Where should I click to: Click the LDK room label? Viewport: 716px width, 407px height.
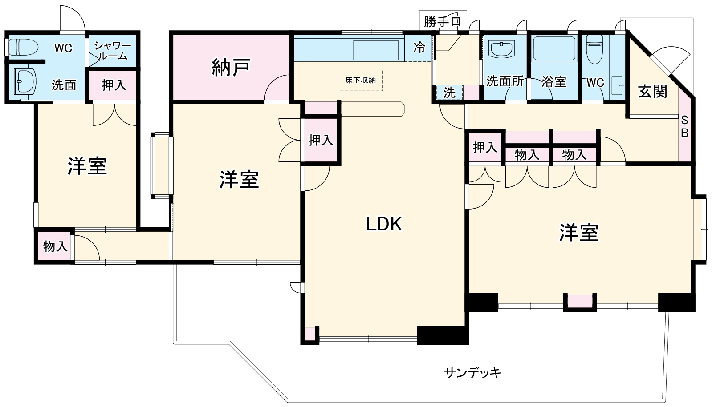point(384,224)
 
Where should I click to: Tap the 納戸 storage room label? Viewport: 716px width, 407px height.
point(231,67)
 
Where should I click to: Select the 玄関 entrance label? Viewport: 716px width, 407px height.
point(653,92)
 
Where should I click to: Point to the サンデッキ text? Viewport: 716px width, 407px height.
point(472,372)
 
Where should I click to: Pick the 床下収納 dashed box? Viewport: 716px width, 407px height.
point(361,80)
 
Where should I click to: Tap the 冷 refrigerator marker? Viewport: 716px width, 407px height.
point(419,48)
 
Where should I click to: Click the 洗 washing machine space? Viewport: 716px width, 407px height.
point(449,93)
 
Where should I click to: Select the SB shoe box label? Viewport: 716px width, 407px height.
point(685,126)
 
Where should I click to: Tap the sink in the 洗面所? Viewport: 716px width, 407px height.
point(501,48)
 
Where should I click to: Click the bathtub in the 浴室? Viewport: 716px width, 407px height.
point(553,48)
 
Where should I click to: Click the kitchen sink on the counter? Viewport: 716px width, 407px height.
point(376,50)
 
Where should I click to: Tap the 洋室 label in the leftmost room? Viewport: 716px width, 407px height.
point(87,166)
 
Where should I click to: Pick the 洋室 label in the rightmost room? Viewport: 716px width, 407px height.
point(579,233)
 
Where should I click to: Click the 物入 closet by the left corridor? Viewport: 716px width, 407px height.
point(55,246)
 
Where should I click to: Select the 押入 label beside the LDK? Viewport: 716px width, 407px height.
point(321,140)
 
